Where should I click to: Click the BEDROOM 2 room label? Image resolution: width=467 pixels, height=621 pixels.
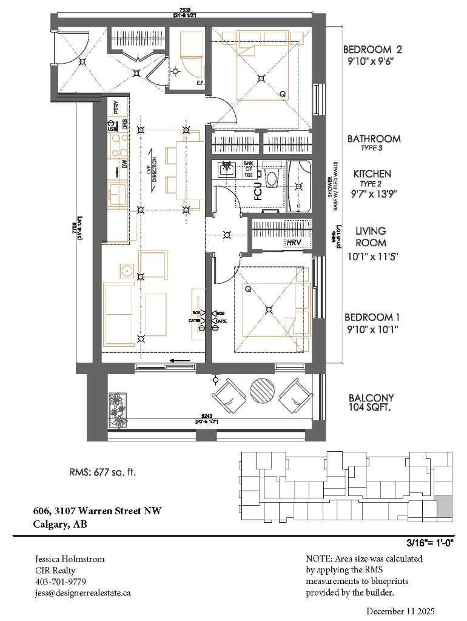[372, 50]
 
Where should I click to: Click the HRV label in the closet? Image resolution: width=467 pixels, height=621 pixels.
[295, 243]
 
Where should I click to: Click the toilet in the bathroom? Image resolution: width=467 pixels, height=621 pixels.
[270, 179]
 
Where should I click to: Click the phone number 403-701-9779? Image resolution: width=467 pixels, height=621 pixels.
[60, 581]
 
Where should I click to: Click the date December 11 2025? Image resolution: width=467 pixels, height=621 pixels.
[401, 611]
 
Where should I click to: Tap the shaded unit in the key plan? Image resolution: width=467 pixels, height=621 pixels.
[445, 506]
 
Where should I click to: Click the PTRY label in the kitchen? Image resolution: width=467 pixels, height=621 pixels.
[116, 107]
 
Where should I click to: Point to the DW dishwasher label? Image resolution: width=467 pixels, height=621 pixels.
[124, 164]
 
